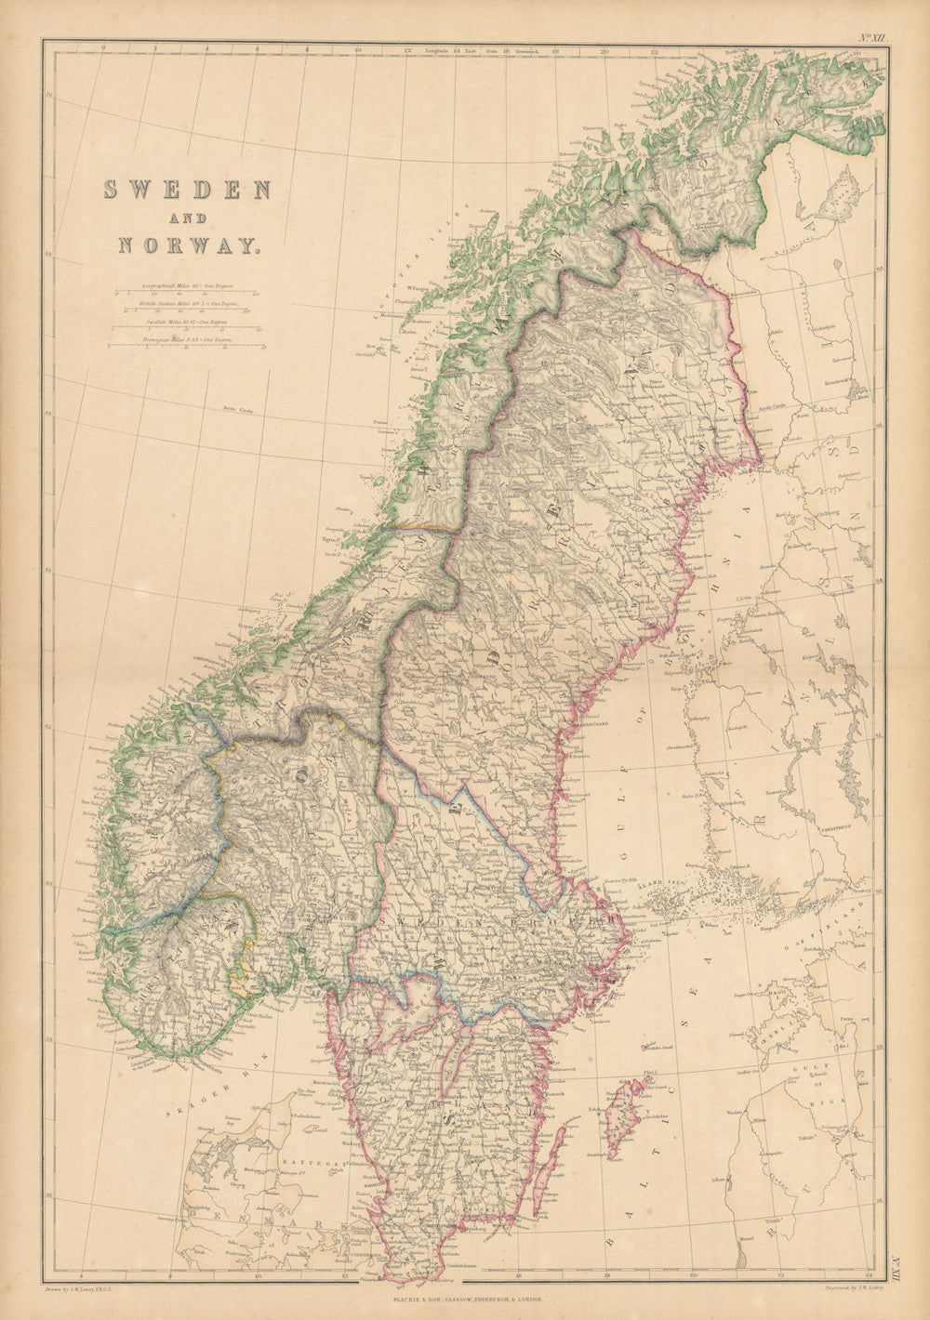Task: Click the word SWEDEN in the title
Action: [x=187, y=190]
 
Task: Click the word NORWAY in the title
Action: [x=187, y=246]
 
